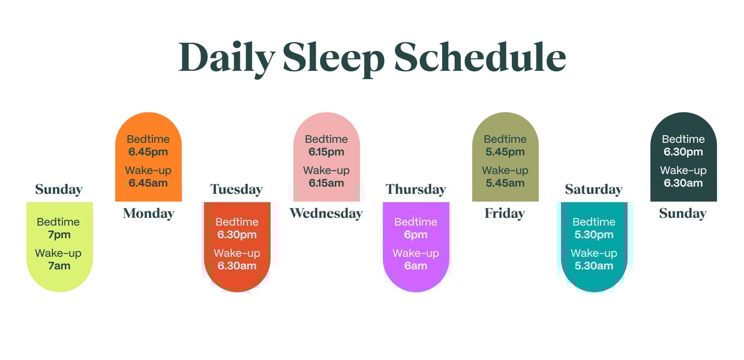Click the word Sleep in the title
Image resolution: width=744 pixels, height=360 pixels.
point(333,58)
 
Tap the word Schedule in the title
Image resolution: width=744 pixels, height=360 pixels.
point(480,58)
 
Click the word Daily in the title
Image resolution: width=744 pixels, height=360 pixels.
point(226,58)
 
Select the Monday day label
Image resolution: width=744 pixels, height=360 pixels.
point(148,213)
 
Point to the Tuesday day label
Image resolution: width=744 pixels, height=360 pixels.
point(236,190)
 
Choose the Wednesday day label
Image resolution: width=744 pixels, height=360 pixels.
point(326,213)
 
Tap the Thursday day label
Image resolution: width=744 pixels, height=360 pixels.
point(416,190)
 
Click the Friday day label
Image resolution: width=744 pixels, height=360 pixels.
point(505,213)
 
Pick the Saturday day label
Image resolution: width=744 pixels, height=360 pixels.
point(593,190)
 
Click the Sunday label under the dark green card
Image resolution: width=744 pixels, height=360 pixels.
point(683,213)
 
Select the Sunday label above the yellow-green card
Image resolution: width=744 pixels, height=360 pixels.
point(59,190)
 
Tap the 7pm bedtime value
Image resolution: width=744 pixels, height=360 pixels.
point(59,235)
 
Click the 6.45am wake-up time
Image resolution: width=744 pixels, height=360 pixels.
point(148,183)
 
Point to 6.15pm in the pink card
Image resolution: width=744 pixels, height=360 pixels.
point(326,152)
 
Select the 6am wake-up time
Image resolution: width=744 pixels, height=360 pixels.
point(416,266)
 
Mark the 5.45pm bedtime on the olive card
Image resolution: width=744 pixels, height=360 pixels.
point(505,152)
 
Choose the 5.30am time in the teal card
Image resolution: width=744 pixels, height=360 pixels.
point(594,266)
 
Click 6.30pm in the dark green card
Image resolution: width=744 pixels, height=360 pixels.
point(683,152)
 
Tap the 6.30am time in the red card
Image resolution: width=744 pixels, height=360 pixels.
point(236,266)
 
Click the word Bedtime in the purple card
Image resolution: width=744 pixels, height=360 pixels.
point(416,222)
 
